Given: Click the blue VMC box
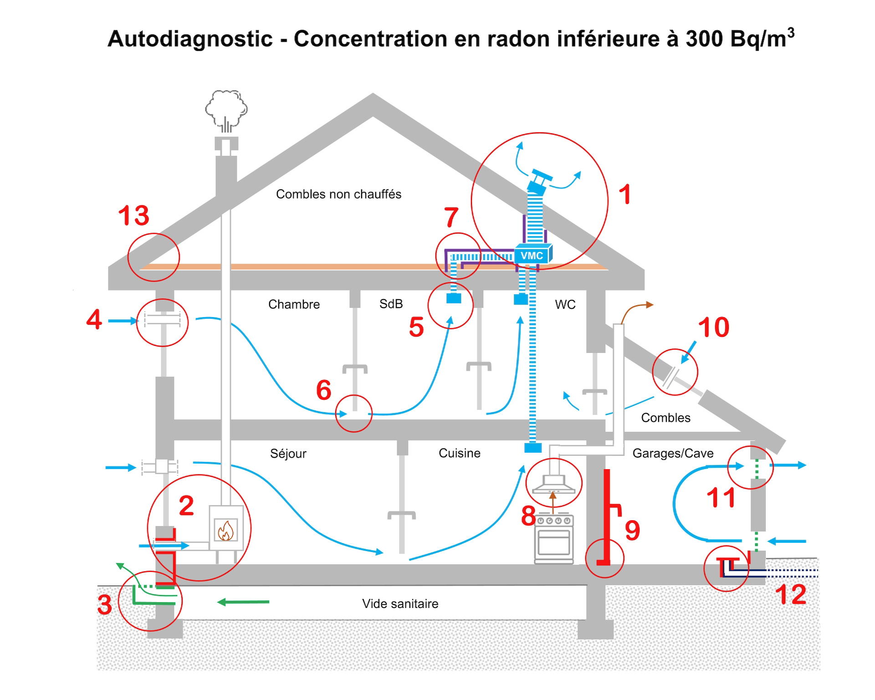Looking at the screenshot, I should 533,255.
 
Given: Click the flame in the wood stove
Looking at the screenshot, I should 226,531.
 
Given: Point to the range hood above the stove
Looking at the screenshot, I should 554,485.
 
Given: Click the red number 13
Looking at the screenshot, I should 133,215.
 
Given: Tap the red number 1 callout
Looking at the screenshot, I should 625,194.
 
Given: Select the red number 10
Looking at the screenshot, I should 713,327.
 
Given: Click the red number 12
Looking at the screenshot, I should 791,595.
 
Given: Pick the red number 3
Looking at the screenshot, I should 105,605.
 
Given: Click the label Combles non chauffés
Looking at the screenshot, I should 338,194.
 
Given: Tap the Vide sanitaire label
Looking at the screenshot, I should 400,604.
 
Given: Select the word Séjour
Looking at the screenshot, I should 288,454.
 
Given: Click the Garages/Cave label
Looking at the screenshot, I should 673,454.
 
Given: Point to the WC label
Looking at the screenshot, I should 565,305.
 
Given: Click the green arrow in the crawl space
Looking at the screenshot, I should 243,602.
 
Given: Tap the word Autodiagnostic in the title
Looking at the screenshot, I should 190,39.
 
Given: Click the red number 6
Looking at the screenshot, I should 324,390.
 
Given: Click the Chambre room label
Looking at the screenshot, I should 294,305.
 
